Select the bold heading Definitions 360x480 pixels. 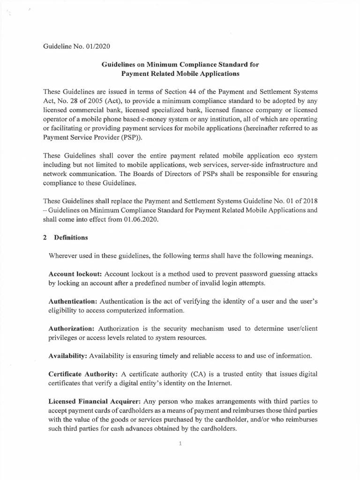click(71, 238)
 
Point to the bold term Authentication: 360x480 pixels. click(74, 301)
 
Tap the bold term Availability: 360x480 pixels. click(67, 356)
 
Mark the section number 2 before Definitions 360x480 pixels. click(45, 238)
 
